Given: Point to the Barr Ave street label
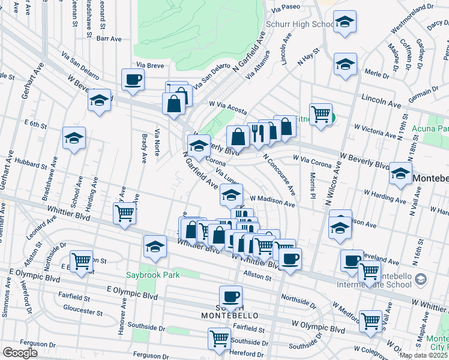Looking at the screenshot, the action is (x=109, y=38).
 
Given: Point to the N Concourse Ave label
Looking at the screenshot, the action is (x=279, y=174).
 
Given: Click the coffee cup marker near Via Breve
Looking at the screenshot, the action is (x=133, y=79).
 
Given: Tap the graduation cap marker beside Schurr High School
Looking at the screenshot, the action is (x=345, y=22).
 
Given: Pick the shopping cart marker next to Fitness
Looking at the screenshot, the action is (x=321, y=113).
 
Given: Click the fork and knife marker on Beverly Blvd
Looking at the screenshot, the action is (x=258, y=133).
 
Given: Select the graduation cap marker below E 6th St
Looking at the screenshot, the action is (x=74, y=138).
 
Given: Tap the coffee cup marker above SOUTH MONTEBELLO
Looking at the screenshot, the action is (x=231, y=296).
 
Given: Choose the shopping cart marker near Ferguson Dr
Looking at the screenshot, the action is (x=220, y=338).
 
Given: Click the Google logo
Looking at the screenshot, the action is (x=20, y=353).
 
